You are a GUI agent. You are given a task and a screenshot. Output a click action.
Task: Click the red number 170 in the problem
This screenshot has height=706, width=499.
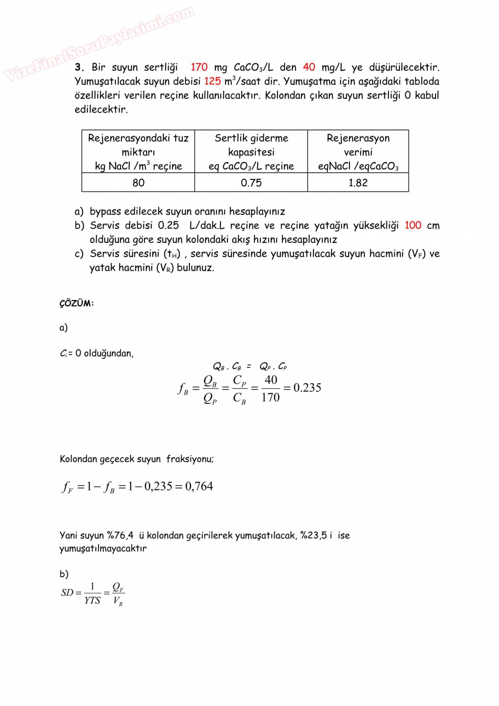tap(199, 67)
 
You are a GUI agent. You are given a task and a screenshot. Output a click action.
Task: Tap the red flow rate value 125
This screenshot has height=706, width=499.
tap(212, 81)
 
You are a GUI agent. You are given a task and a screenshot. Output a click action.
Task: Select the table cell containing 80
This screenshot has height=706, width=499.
tap(138, 183)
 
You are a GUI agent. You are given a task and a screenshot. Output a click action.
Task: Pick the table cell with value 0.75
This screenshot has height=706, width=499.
tap(251, 183)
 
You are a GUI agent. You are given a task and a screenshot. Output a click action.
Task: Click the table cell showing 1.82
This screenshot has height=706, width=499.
tap(358, 183)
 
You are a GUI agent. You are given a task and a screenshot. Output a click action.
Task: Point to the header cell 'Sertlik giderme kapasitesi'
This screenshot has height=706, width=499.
tap(251, 152)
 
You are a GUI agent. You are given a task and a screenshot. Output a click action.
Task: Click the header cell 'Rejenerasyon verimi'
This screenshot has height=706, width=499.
tap(358, 152)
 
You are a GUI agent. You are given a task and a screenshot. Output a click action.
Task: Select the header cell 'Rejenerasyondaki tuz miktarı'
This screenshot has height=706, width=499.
tap(138, 152)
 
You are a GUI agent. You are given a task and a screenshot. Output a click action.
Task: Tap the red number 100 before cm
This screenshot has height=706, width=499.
tap(412, 225)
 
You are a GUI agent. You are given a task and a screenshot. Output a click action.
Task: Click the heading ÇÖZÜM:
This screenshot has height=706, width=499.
tap(76, 303)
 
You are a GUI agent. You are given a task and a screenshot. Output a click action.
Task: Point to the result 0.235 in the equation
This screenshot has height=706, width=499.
tap(307, 388)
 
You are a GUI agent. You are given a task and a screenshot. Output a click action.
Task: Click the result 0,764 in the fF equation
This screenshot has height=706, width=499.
tap(199, 486)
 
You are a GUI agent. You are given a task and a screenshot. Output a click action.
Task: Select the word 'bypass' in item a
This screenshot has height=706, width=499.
tap(105, 212)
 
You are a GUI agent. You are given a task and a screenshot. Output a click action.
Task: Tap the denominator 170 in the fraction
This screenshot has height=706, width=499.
tap(270, 397)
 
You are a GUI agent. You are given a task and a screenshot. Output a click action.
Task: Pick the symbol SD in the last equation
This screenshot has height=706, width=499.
tap(67, 593)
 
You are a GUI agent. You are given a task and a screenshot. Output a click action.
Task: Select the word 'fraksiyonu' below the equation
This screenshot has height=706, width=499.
tap(190, 459)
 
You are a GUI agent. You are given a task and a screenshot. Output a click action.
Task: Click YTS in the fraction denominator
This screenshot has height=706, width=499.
tap(92, 601)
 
